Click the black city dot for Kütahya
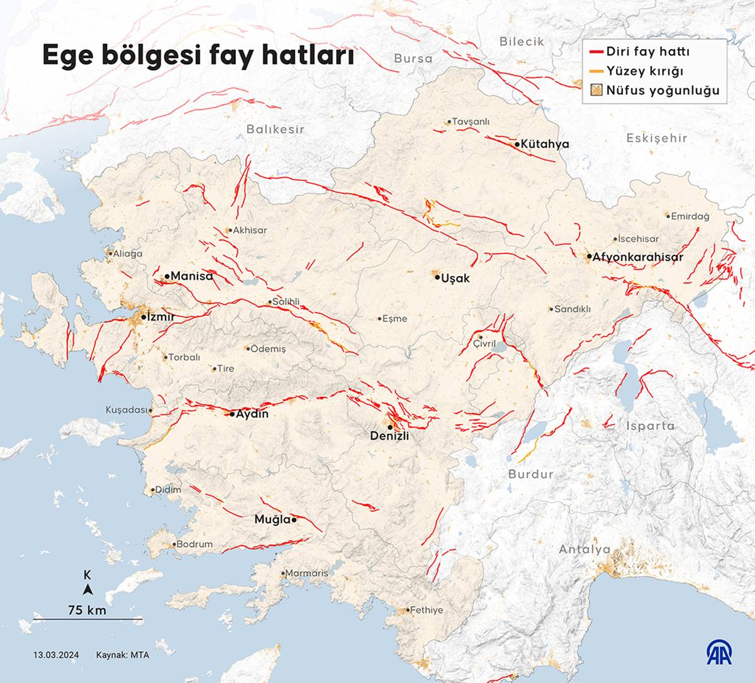point(517,145)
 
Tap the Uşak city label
point(456,278)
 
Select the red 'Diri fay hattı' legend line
point(596,52)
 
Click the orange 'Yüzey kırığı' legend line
point(596,71)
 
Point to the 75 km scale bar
point(87,619)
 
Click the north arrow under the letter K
point(88,589)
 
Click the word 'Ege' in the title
point(64,55)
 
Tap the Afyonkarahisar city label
point(637,257)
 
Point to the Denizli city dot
point(391,426)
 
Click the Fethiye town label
point(427,610)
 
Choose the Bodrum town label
point(194,544)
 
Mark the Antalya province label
point(584,550)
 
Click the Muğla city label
point(272,519)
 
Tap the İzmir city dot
point(143,318)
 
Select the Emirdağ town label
point(690,216)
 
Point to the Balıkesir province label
point(275,129)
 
